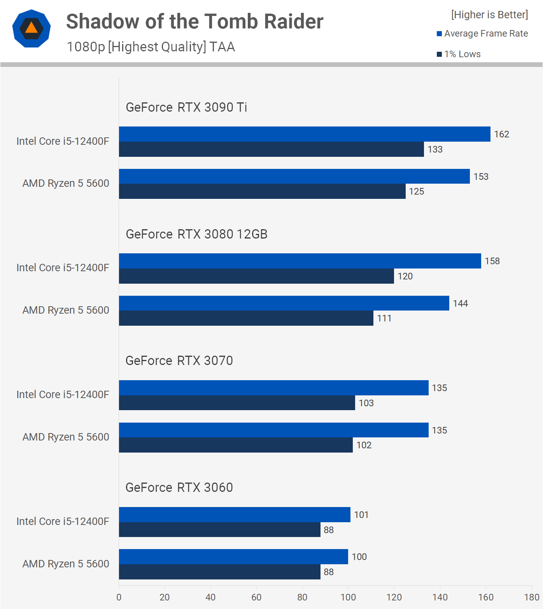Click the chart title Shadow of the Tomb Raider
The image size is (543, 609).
click(x=194, y=21)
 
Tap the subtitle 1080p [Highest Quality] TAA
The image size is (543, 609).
click(x=151, y=47)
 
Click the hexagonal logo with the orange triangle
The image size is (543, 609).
click(x=32, y=28)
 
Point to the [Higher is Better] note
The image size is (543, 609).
click(x=489, y=15)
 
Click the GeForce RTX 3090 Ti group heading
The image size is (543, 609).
click(x=186, y=107)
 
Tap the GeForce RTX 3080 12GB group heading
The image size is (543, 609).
click(x=196, y=234)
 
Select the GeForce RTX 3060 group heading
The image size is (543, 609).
click(x=179, y=487)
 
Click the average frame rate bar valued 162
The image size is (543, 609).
click(x=304, y=134)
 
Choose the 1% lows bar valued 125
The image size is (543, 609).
click(x=262, y=191)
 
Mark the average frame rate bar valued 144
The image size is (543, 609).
click(x=284, y=303)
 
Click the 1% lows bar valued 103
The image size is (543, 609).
click(x=236, y=403)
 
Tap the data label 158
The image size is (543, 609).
click(x=492, y=261)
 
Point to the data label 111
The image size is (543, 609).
click(x=384, y=318)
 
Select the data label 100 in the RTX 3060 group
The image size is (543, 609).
click(x=359, y=557)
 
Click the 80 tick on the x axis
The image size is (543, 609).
click(x=302, y=597)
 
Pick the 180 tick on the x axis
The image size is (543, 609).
click(x=531, y=597)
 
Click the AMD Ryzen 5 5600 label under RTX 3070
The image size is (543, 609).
click(x=65, y=437)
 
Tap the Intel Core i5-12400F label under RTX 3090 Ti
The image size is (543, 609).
click(x=63, y=141)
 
